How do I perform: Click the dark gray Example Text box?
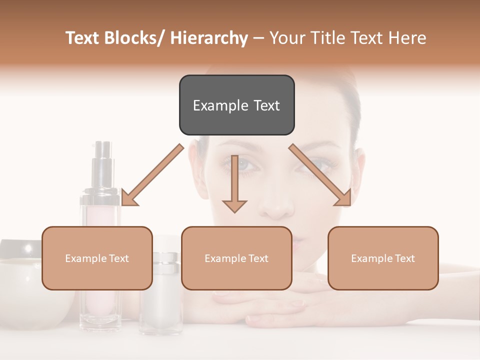pyautogui.click(x=236, y=105)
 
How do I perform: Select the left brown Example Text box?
pyautogui.click(x=97, y=258)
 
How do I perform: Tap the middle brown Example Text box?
pyautogui.click(x=236, y=258)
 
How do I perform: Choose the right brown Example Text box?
pyautogui.click(x=383, y=258)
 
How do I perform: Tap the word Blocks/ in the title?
pyautogui.click(x=131, y=38)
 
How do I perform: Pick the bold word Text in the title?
pyautogui.click(x=84, y=38)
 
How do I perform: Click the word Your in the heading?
pyautogui.click(x=285, y=38)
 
